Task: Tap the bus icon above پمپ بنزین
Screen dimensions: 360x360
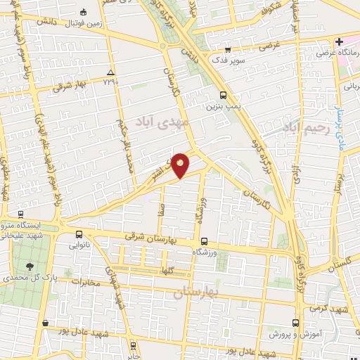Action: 223,96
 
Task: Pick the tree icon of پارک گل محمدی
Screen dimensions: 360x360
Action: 30,266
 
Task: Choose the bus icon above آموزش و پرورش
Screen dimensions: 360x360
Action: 295,321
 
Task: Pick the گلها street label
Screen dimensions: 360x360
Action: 168,270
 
